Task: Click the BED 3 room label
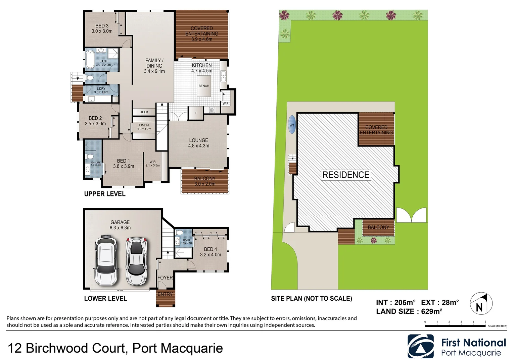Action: pos(102,28)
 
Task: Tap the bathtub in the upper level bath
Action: pos(90,59)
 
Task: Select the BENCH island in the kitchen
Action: pos(204,86)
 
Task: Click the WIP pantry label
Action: pos(226,103)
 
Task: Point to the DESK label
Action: pos(144,112)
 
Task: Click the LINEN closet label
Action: pos(144,127)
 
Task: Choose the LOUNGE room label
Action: pos(198,143)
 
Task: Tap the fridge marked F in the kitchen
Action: pos(196,113)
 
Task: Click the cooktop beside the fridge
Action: pos(212,110)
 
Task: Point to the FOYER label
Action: pos(165,278)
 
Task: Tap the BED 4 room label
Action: pos(211,252)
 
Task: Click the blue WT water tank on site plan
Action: pos(292,125)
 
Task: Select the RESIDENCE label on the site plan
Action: pos(346,175)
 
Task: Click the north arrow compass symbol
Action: pos(481,304)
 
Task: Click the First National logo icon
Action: pos(420,347)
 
